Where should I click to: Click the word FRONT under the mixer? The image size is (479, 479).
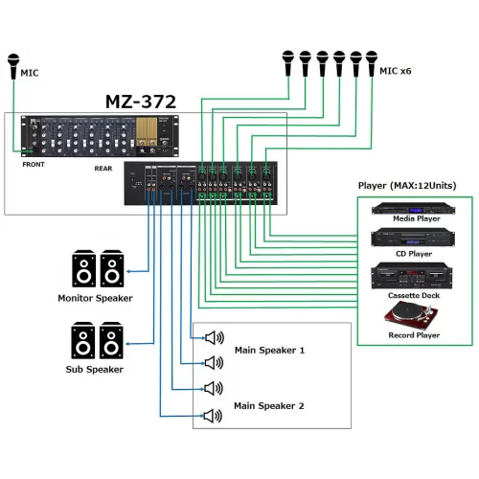pyautogui.click(x=34, y=164)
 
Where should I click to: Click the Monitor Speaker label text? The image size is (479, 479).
pyautogui.click(x=94, y=298)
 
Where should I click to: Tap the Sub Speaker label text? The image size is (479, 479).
pyautogui.click(x=96, y=369)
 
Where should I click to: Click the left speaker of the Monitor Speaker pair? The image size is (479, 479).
pyautogui.click(x=83, y=270)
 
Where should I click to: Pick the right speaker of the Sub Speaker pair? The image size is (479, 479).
pyautogui.click(x=112, y=341)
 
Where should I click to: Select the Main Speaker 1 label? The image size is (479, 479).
pyautogui.click(x=269, y=350)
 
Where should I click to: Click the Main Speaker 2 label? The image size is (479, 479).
pyautogui.click(x=269, y=405)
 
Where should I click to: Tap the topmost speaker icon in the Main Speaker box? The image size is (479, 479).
pyautogui.click(x=214, y=336)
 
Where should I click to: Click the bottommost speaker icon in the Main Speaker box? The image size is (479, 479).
pyautogui.click(x=214, y=416)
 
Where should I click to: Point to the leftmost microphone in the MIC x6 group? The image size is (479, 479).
pyautogui.click(x=288, y=63)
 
